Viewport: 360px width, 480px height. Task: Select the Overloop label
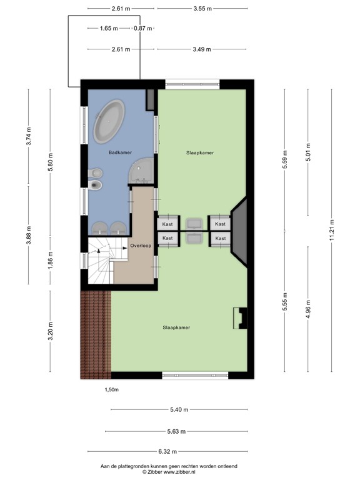[x=142, y=246]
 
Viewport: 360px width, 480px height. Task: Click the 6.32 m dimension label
[x=167, y=451]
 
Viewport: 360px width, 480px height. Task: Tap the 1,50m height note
[x=111, y=389]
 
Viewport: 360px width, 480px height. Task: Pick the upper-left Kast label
[x=167, y=224]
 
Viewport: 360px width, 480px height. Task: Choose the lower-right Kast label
[x=220, y=238]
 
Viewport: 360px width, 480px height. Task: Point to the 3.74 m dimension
[x=29, y=136]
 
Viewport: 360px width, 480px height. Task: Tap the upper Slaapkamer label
[x=200, y=152]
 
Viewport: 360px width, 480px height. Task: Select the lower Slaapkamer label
[x=176, y=327]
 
